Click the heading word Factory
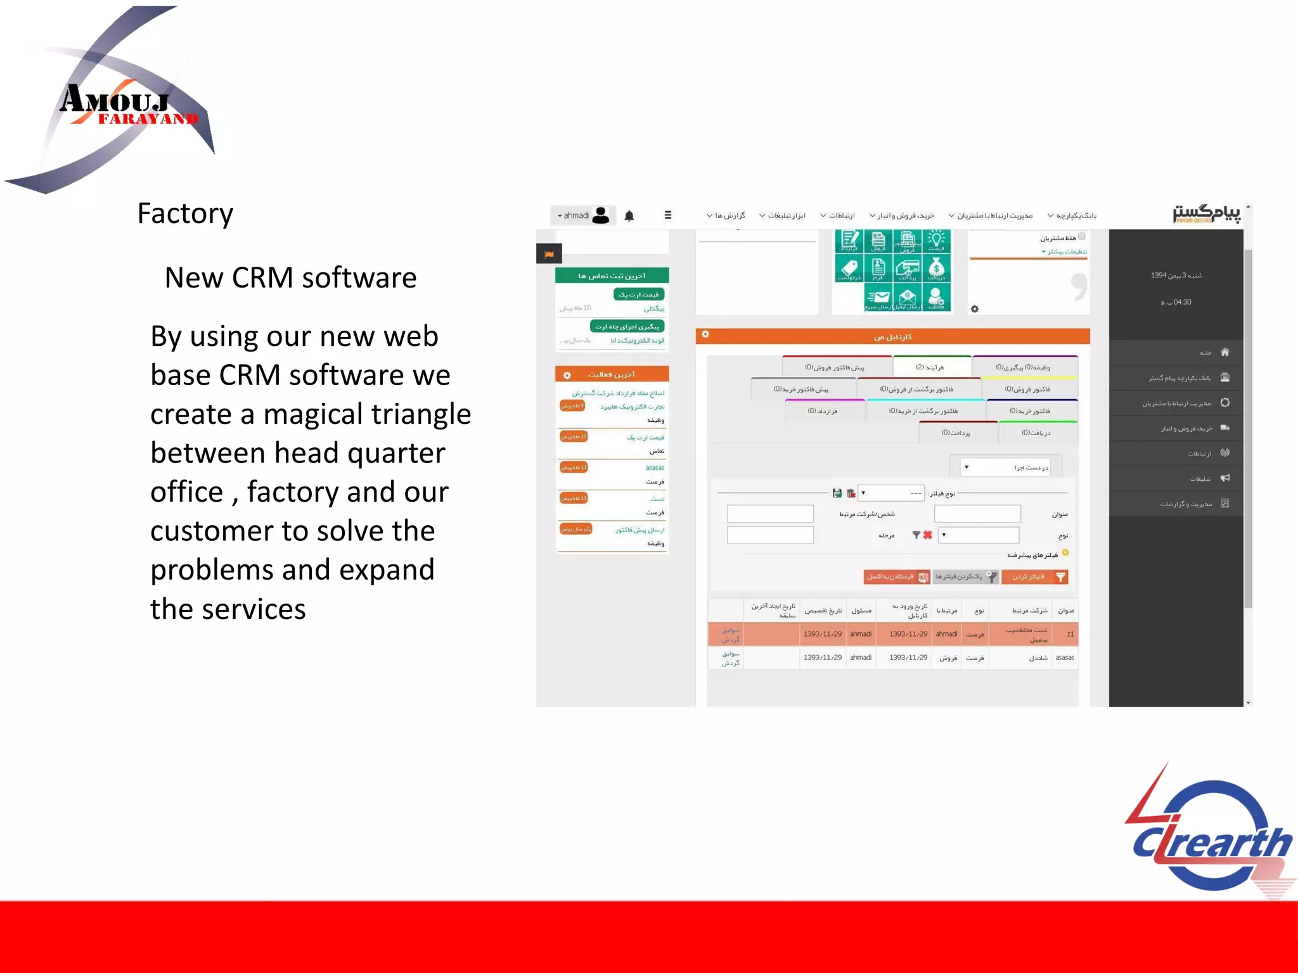click(185, 214)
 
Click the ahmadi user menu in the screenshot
click(582, 216)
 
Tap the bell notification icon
click(629, 216)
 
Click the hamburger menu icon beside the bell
click(667, 215)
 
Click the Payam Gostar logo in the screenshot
click(1206, 214)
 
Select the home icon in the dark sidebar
click(1224, 352)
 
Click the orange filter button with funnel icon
click(1035, 577)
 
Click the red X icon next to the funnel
click(927, 535)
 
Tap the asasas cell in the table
click(1064, 658)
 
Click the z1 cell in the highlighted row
click(1070, 634)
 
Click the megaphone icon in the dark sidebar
click(1224, 478)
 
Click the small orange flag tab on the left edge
click(549, 255)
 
